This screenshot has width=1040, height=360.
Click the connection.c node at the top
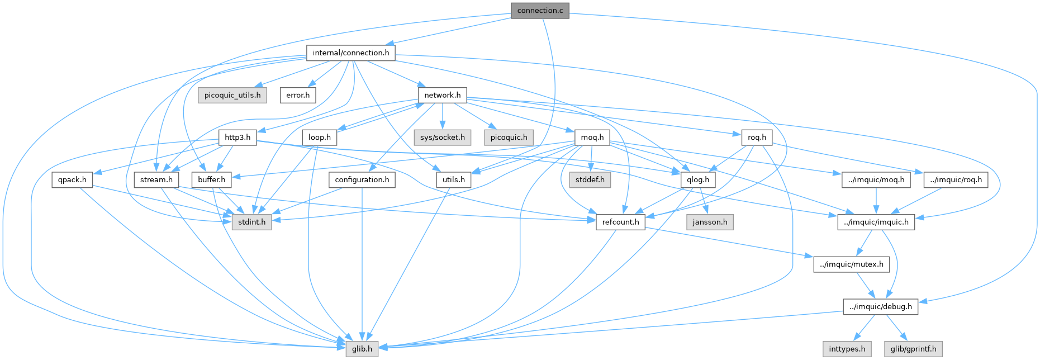tap(540, 11)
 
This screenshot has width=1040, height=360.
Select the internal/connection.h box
tap(351, 53)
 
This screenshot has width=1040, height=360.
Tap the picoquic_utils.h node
tap(232, 95)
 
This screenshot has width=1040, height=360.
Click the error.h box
tap(298, 95)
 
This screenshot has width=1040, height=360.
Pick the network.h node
tap(442, 95)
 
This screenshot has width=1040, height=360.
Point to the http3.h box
tap(238, 138)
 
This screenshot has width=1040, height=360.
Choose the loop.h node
tap(320, 138)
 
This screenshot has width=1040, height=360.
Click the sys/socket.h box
tap(443, 138)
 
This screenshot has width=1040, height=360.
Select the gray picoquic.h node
tap(509, 138)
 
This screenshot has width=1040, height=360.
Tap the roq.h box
tap(757, 138)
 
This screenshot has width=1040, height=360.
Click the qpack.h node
tap(73, 180)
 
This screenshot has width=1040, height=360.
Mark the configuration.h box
tap(362, 180)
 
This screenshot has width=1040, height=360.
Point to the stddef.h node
tap(590, 180)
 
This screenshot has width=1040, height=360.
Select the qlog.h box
tap(699, 180)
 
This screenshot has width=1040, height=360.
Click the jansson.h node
tap(710, 222)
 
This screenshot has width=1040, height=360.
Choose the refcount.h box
tap(620, 222)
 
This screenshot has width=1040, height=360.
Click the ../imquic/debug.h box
tap(880, 307)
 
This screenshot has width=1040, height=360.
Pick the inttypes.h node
tap(847, 349)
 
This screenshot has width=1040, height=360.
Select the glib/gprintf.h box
tap(913, 349)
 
